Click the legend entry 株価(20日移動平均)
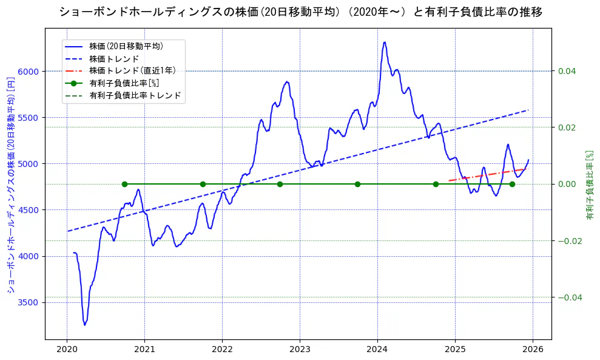(126, 46)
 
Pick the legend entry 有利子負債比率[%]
(124, 83)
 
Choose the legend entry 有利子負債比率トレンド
(135, 95)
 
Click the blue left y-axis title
(10, 185)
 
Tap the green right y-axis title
(589, 185)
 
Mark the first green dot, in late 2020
(124, 184)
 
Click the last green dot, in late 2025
(512, 184)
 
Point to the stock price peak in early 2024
(385, 42)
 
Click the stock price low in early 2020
(85, 325)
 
